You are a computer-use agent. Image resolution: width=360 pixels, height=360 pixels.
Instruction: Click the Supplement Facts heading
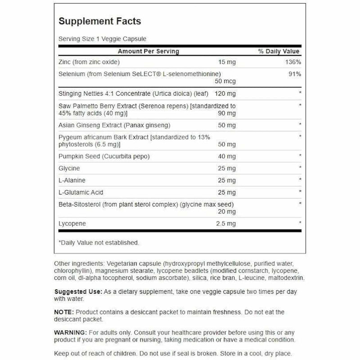(99, 21)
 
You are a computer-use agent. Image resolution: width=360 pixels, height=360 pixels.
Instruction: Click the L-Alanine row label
(71, 180)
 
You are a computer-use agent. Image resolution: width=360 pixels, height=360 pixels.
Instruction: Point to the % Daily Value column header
(279, 51)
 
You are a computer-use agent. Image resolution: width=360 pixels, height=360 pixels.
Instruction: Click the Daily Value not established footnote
(99, 243)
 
